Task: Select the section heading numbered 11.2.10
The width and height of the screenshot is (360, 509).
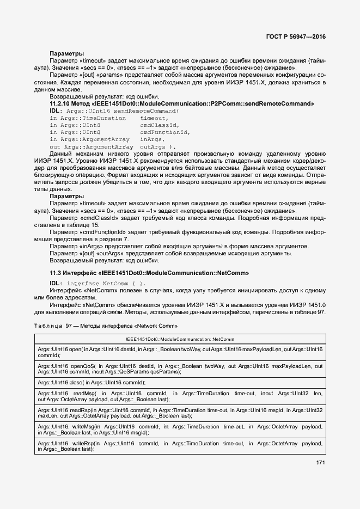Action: click(182, 103)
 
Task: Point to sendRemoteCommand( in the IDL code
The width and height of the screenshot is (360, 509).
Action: click(147, 111)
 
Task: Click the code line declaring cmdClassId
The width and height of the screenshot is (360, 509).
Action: click(119, 125)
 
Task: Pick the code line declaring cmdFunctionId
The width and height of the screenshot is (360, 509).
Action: click(119, 132)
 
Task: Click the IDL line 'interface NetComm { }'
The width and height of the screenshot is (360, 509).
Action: click(106, 284)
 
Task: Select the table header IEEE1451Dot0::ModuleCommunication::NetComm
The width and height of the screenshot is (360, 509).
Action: click(180, 339)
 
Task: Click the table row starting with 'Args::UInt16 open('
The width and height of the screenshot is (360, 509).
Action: click(180, 352)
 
